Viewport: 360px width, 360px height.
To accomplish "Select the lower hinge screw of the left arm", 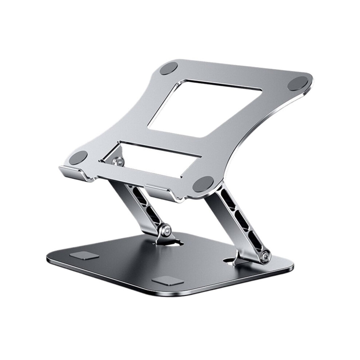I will coord(167,230).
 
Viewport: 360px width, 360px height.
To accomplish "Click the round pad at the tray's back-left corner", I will coord(168,68).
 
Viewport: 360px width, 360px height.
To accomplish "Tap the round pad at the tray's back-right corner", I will coord(298,84).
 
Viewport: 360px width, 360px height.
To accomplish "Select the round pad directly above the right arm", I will coord(203,184).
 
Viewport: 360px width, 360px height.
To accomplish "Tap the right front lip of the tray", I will coord(164,191).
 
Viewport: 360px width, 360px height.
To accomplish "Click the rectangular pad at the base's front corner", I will coord(167,281).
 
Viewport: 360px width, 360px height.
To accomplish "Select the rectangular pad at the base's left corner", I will coord(84,256).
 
